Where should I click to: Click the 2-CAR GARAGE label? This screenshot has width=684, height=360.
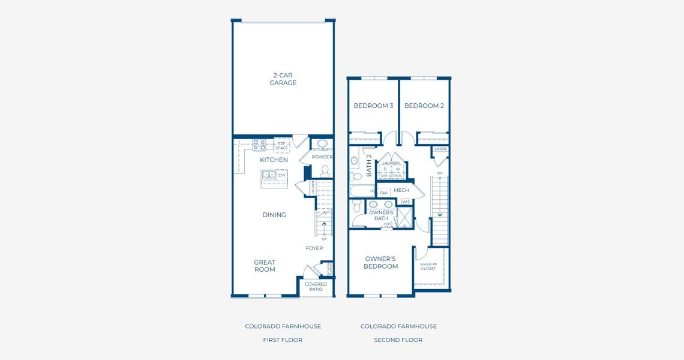coord(283,79)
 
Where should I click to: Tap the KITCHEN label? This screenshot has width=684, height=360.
coord(274,160)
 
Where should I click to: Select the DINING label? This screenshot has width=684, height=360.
coord(274,215)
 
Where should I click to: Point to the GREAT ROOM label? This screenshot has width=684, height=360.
coord(265,266)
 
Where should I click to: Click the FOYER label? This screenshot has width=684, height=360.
coord(314,248)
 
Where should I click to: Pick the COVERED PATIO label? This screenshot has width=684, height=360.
coord(316,287)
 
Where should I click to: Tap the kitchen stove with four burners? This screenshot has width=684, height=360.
coord(259,145)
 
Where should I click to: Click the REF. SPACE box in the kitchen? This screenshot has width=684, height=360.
coord(282,145)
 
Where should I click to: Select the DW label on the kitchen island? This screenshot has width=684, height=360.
coord(281,175)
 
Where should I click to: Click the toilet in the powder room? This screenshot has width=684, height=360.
coord(325,170)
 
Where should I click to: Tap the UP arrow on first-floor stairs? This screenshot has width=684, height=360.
coord(325,225)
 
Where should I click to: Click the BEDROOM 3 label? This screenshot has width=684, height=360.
coord(373,106)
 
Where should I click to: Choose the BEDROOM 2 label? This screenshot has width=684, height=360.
coord(424,106)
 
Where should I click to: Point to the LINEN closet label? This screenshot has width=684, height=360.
coord(440,148)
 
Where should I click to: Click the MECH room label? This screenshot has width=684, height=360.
coord(401,190)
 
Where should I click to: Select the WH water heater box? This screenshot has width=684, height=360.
coord(406,202)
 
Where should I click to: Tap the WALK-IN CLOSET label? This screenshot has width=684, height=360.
coord(428,266)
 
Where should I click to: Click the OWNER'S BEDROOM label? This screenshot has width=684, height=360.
coord(381,263)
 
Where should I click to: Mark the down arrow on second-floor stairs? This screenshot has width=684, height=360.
coord(440,214)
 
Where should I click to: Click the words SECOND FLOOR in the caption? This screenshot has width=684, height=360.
coord(398,340)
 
